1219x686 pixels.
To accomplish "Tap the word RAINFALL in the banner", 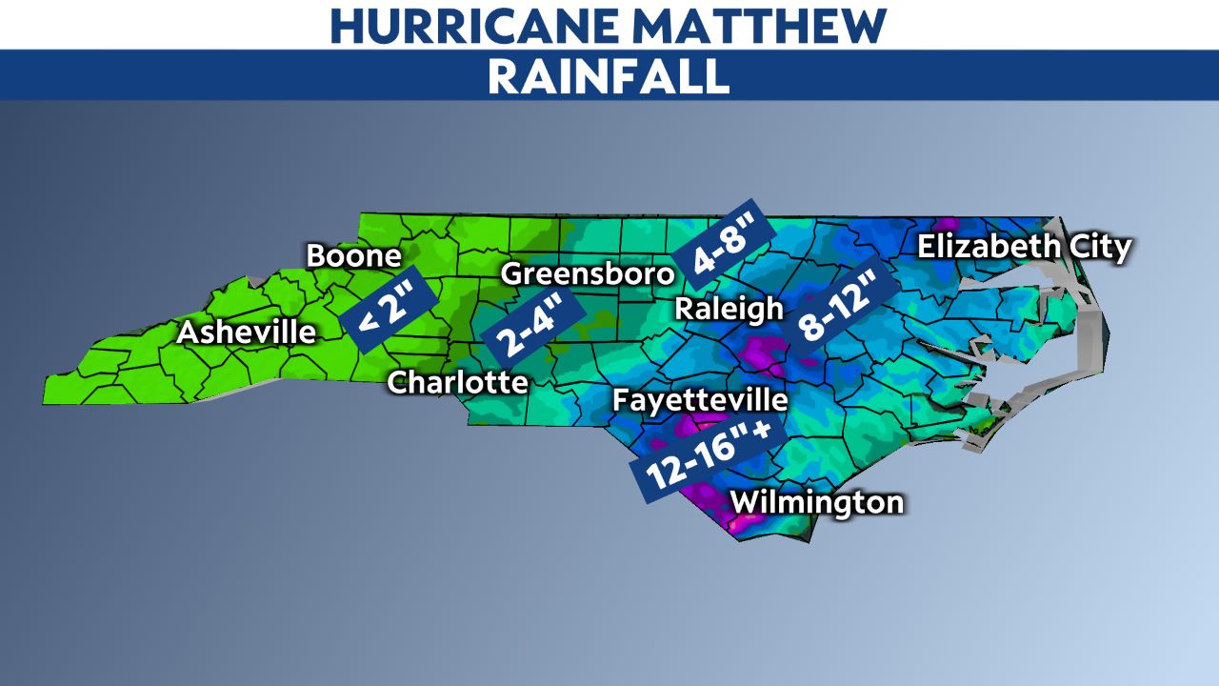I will [609, 76].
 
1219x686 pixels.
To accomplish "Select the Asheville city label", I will [246, 333].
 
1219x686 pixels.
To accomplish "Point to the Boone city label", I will [353, 256].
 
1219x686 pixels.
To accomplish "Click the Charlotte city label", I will [457, 382].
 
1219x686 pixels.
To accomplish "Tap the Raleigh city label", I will [729, 309].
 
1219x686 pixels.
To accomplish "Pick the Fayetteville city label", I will [700, 399].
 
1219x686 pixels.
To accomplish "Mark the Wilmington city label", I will [816, 501].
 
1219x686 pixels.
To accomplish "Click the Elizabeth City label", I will [1024, 248].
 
